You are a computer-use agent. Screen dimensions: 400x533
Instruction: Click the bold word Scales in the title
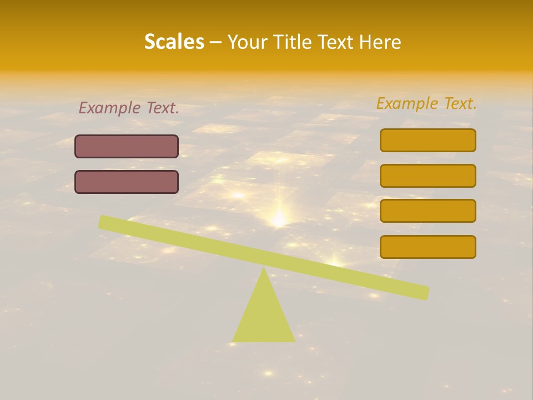click(x=174, y=42)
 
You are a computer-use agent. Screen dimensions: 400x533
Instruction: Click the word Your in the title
click(x=247, y=42)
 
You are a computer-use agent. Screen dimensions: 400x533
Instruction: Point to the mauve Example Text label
click(x=129, y=108)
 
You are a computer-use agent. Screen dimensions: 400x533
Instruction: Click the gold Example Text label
click(x=426, y=103)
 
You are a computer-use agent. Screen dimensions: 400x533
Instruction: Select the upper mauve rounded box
click(x=127, y=147)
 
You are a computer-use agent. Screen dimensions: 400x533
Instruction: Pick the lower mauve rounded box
click(x=127, y=182)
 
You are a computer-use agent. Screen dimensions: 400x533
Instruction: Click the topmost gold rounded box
click(x=428, y=140)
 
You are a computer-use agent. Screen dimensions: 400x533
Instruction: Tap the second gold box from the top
click(x=428, y=176)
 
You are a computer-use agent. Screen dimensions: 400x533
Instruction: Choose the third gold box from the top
click(x=428, y=211)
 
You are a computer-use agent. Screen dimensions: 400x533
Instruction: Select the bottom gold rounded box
click(x=428, y=247)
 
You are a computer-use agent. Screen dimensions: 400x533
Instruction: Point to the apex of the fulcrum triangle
click(x=264, y=269)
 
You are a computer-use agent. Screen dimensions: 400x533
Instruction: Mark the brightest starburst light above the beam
click(x=279, y=218)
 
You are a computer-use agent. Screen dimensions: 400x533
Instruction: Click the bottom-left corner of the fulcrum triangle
click(x=233, y=341)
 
